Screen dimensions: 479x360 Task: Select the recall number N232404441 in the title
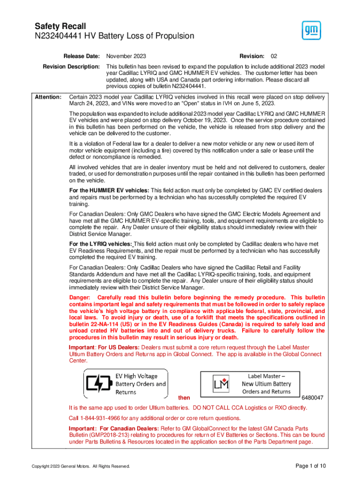pyautogui.click(x=60, y=36)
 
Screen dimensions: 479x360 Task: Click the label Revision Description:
pyautogui.click(x=71, y=66)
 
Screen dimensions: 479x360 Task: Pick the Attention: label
pyautogui.click(x=48, y=97)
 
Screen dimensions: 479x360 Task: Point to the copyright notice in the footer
pyautogui.click(x=80, y=466)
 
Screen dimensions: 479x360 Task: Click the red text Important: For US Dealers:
pyautogui.click(x=104, y=348)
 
